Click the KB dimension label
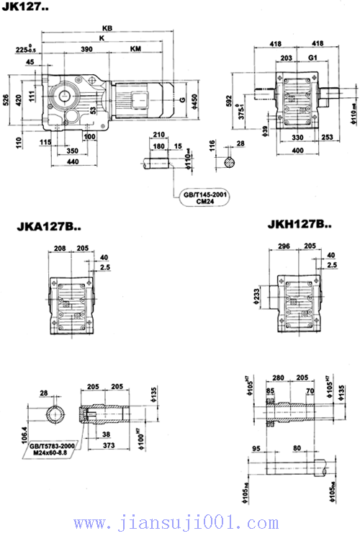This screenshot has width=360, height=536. tap(109, 29)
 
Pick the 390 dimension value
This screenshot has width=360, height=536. tap(88, 50)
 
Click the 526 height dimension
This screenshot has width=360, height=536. tap(8, 99)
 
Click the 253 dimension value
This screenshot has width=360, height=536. tap(328, 136)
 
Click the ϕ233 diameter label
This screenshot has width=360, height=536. tap(257, 295)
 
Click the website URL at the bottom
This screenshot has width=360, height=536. tap(180, 522)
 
